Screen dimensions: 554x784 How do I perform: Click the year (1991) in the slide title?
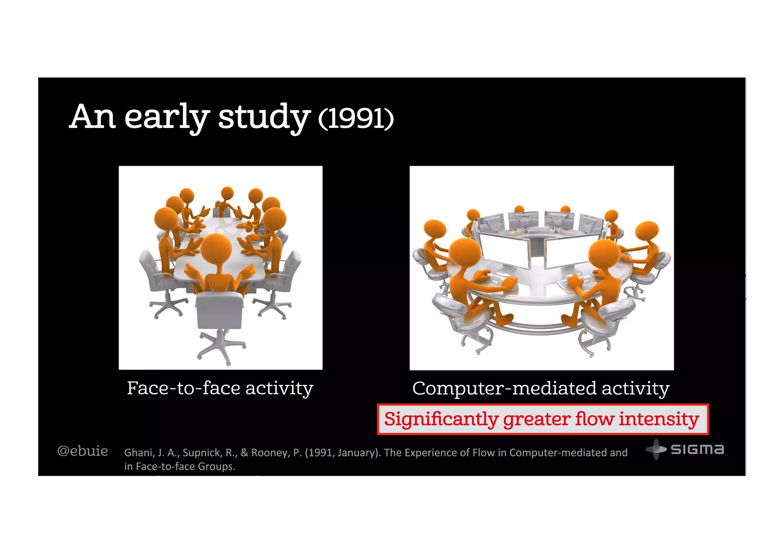click(356, 119)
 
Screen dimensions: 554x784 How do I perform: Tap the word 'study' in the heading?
click(264, 117)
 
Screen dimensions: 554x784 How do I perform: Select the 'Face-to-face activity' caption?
click(220, 388)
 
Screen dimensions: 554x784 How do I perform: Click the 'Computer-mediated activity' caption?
click(541, 388)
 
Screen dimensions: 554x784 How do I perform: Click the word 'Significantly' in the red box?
click(441, 419)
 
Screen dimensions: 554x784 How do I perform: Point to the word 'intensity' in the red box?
click(659, 419)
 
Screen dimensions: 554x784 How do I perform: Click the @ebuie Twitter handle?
click(83, 451)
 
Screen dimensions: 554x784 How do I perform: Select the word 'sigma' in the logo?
click(697, 449)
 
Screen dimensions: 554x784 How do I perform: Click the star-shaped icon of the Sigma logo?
click(656, 449)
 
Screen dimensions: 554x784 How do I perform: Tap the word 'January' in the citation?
click(356, 453)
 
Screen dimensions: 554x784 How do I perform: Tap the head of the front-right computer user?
click(604, 255)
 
